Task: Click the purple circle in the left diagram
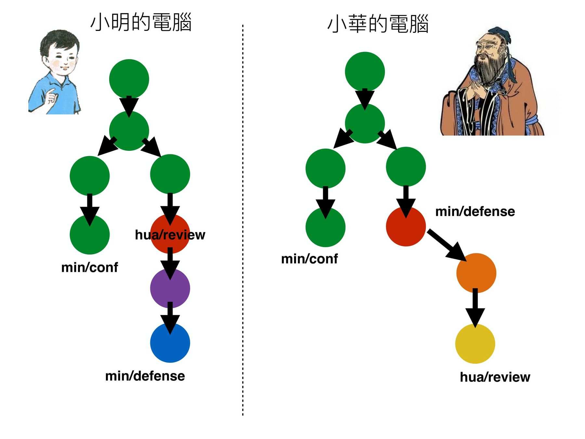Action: point(170,288)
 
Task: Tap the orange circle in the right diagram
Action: point(476,273)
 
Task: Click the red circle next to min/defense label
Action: point(406,227)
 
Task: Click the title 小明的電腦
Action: point(141,22)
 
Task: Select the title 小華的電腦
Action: point(378,24)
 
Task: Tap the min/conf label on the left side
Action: point(90,267)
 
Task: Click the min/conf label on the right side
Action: point(309,259)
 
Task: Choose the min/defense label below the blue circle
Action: point(145,376)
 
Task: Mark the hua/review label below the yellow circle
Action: point(495,377)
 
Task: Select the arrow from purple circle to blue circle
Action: point(170,317)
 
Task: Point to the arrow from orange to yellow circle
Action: point(475,307)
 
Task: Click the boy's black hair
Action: point(60,41)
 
